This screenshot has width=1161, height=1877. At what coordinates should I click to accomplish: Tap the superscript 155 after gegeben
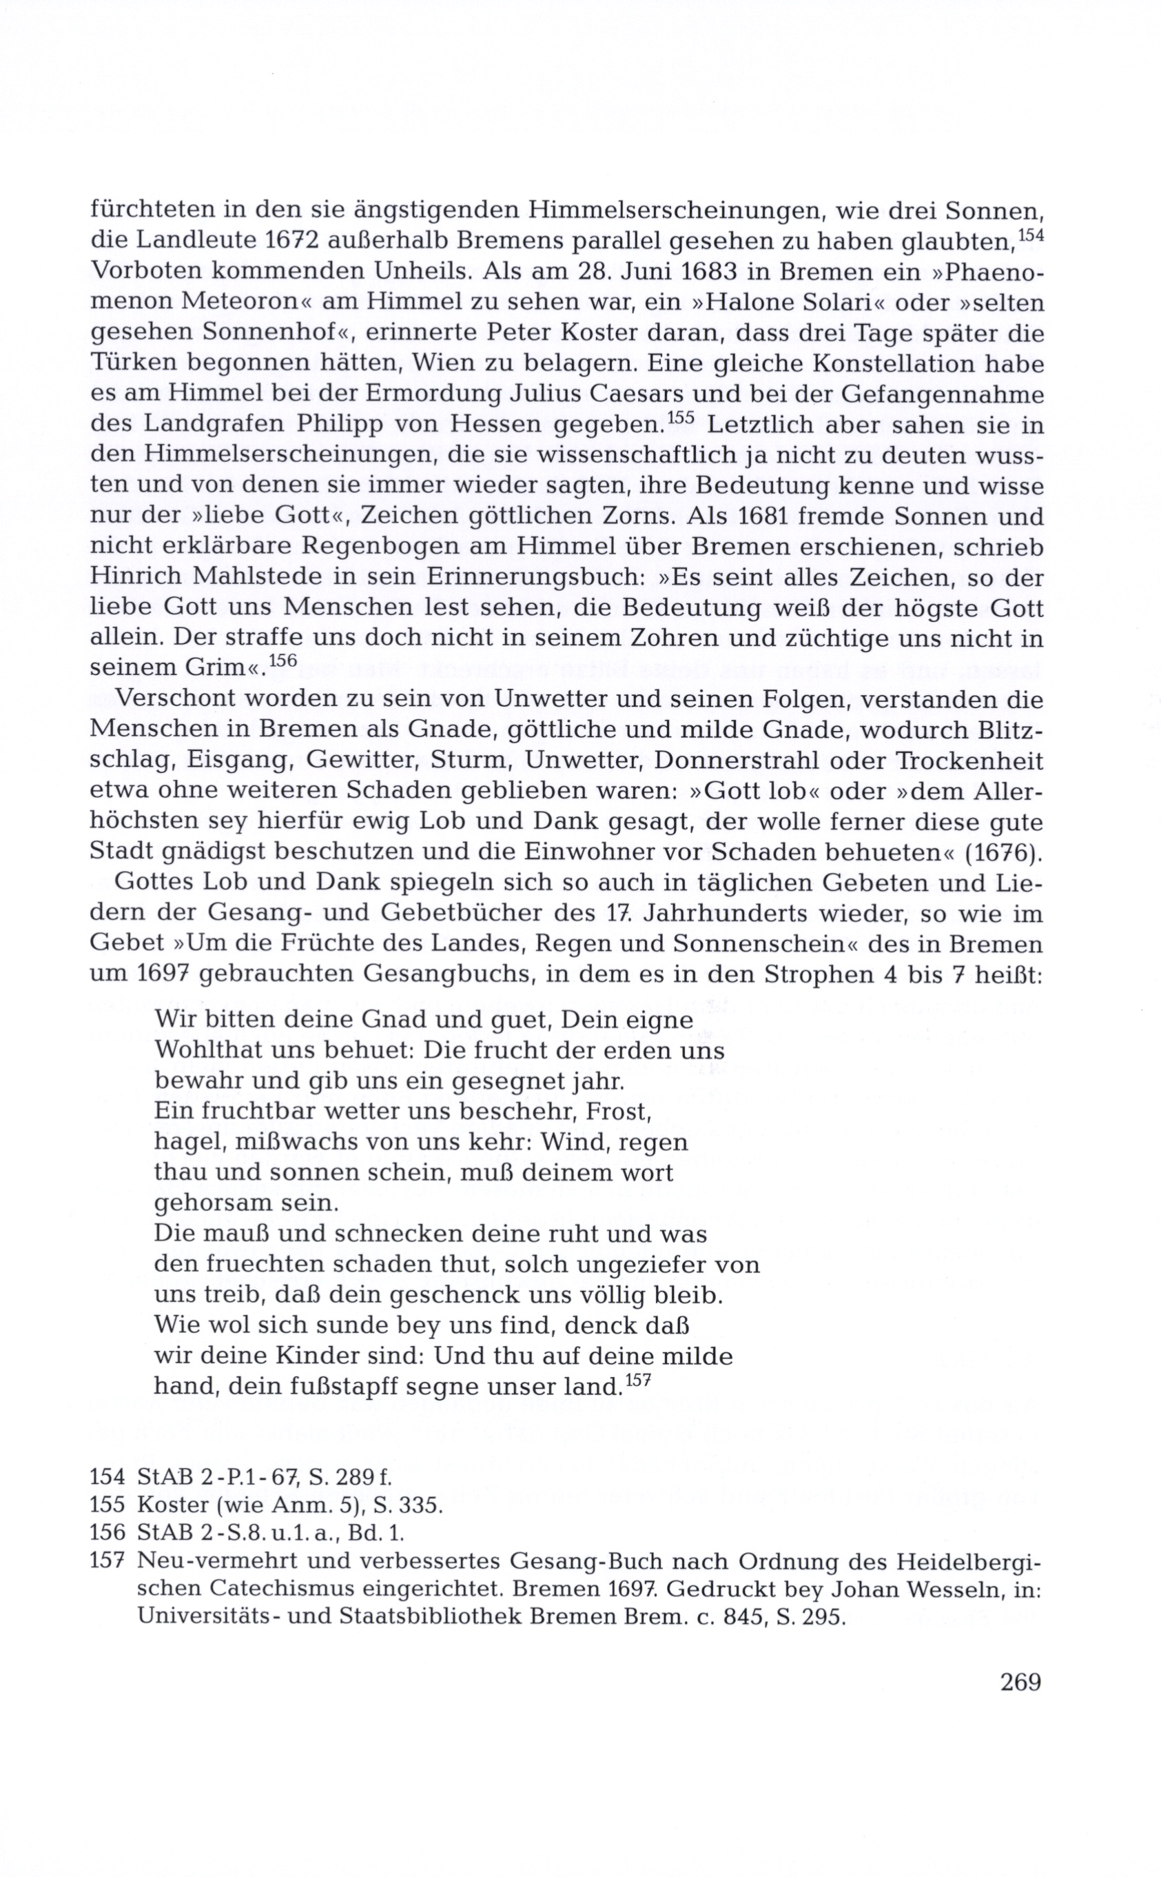pos(681,419)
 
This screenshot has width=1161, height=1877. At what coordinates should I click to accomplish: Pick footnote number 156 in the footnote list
pos(107,1533)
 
